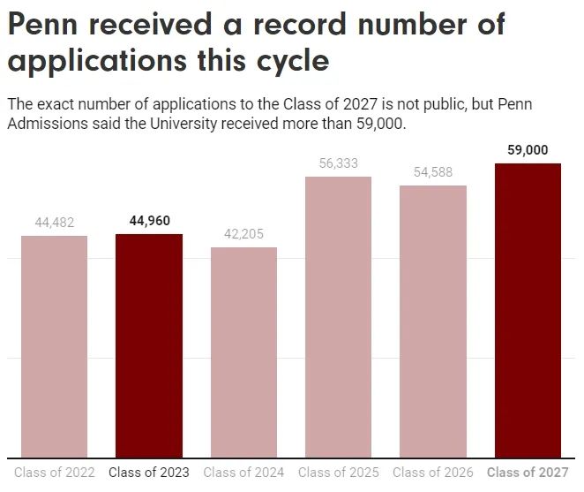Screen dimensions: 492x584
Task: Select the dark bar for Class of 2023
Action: [x=149, y=345]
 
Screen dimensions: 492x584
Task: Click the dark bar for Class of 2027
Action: [x=528, y=310]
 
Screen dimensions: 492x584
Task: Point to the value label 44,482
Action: [x=54, y=223]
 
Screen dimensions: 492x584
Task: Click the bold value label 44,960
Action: [x=149, y=221]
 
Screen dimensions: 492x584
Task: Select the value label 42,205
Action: [x=243, y=234]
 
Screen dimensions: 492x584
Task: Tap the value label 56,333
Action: [x=338, y=163]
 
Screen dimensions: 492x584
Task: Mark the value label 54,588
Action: [x=433, y=172]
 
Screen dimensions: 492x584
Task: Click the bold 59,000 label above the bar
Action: [x=528, y=150]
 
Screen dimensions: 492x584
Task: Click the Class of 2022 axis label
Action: [x=54, y=473]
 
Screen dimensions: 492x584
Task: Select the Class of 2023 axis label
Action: [x=149, y=473]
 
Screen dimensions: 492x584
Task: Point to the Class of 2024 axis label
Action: [x=243, y=473]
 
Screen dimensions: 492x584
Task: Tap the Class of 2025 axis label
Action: [x=338, y=473]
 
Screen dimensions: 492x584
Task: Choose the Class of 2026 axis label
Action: [x=433, y=473]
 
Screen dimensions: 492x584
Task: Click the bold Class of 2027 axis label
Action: [x=528, y=473]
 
